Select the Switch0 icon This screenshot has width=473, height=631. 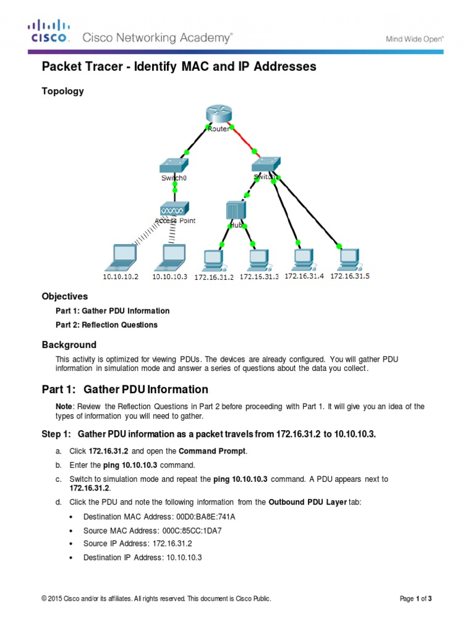point(173,165)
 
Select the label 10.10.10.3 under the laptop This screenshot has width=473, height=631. point(169,277)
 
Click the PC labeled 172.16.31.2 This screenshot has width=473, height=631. point(214,259)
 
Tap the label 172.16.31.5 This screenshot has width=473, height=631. point(350,276)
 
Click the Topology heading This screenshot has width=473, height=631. point(62,91)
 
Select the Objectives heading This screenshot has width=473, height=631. point(65,296)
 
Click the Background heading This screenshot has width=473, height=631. point(69,344)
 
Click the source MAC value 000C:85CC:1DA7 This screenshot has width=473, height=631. point(187,530)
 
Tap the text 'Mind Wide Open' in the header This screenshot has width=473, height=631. point(414,39)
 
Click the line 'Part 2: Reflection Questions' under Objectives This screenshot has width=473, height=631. point(107,325)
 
